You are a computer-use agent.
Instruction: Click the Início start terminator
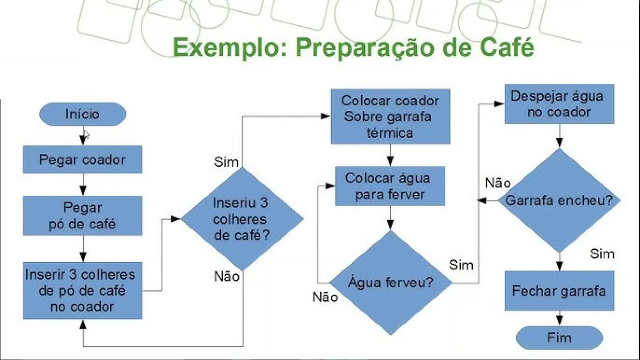pyautogui.click(x=82, y=114)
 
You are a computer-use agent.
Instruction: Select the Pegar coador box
pyautogui.click(x=82, y=159)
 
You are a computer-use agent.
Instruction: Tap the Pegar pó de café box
pyautogui.click(x=82, y=216)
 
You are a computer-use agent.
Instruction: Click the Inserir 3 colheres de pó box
pyautogui.click(x=82, y=291)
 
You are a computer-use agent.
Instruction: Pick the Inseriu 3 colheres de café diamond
pyautogui.click(x=242, y=219)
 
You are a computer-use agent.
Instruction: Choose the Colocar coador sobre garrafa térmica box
pyautogui.click(x=390, y=117)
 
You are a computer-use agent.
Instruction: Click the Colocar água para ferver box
pyautogui.click(x=390, y=186)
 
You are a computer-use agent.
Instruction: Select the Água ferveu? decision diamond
pyautogui.click(x=391, y=282)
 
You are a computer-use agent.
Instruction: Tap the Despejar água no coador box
pyautogui.click(x=559, y=104)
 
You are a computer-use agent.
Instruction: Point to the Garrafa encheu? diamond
pyautogui.click(x=559, y=200)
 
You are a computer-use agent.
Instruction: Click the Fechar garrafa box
pyautogui.click(x=559, y=291)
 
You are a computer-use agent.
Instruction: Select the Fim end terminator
pyautogui.click(x=559, y=338)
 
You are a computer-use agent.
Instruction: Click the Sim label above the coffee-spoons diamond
pyautogui.click(x=226, y=162)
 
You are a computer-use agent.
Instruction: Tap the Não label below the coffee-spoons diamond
pyautogui.click(x=227, y=277)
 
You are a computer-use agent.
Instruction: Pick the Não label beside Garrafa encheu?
pyautogui.click(x=498, y=183)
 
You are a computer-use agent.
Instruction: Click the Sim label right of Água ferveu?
pyautogui.click(x=461, y=265)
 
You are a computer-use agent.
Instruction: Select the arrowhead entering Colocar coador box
pyautogui.click(x=326, y=116)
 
